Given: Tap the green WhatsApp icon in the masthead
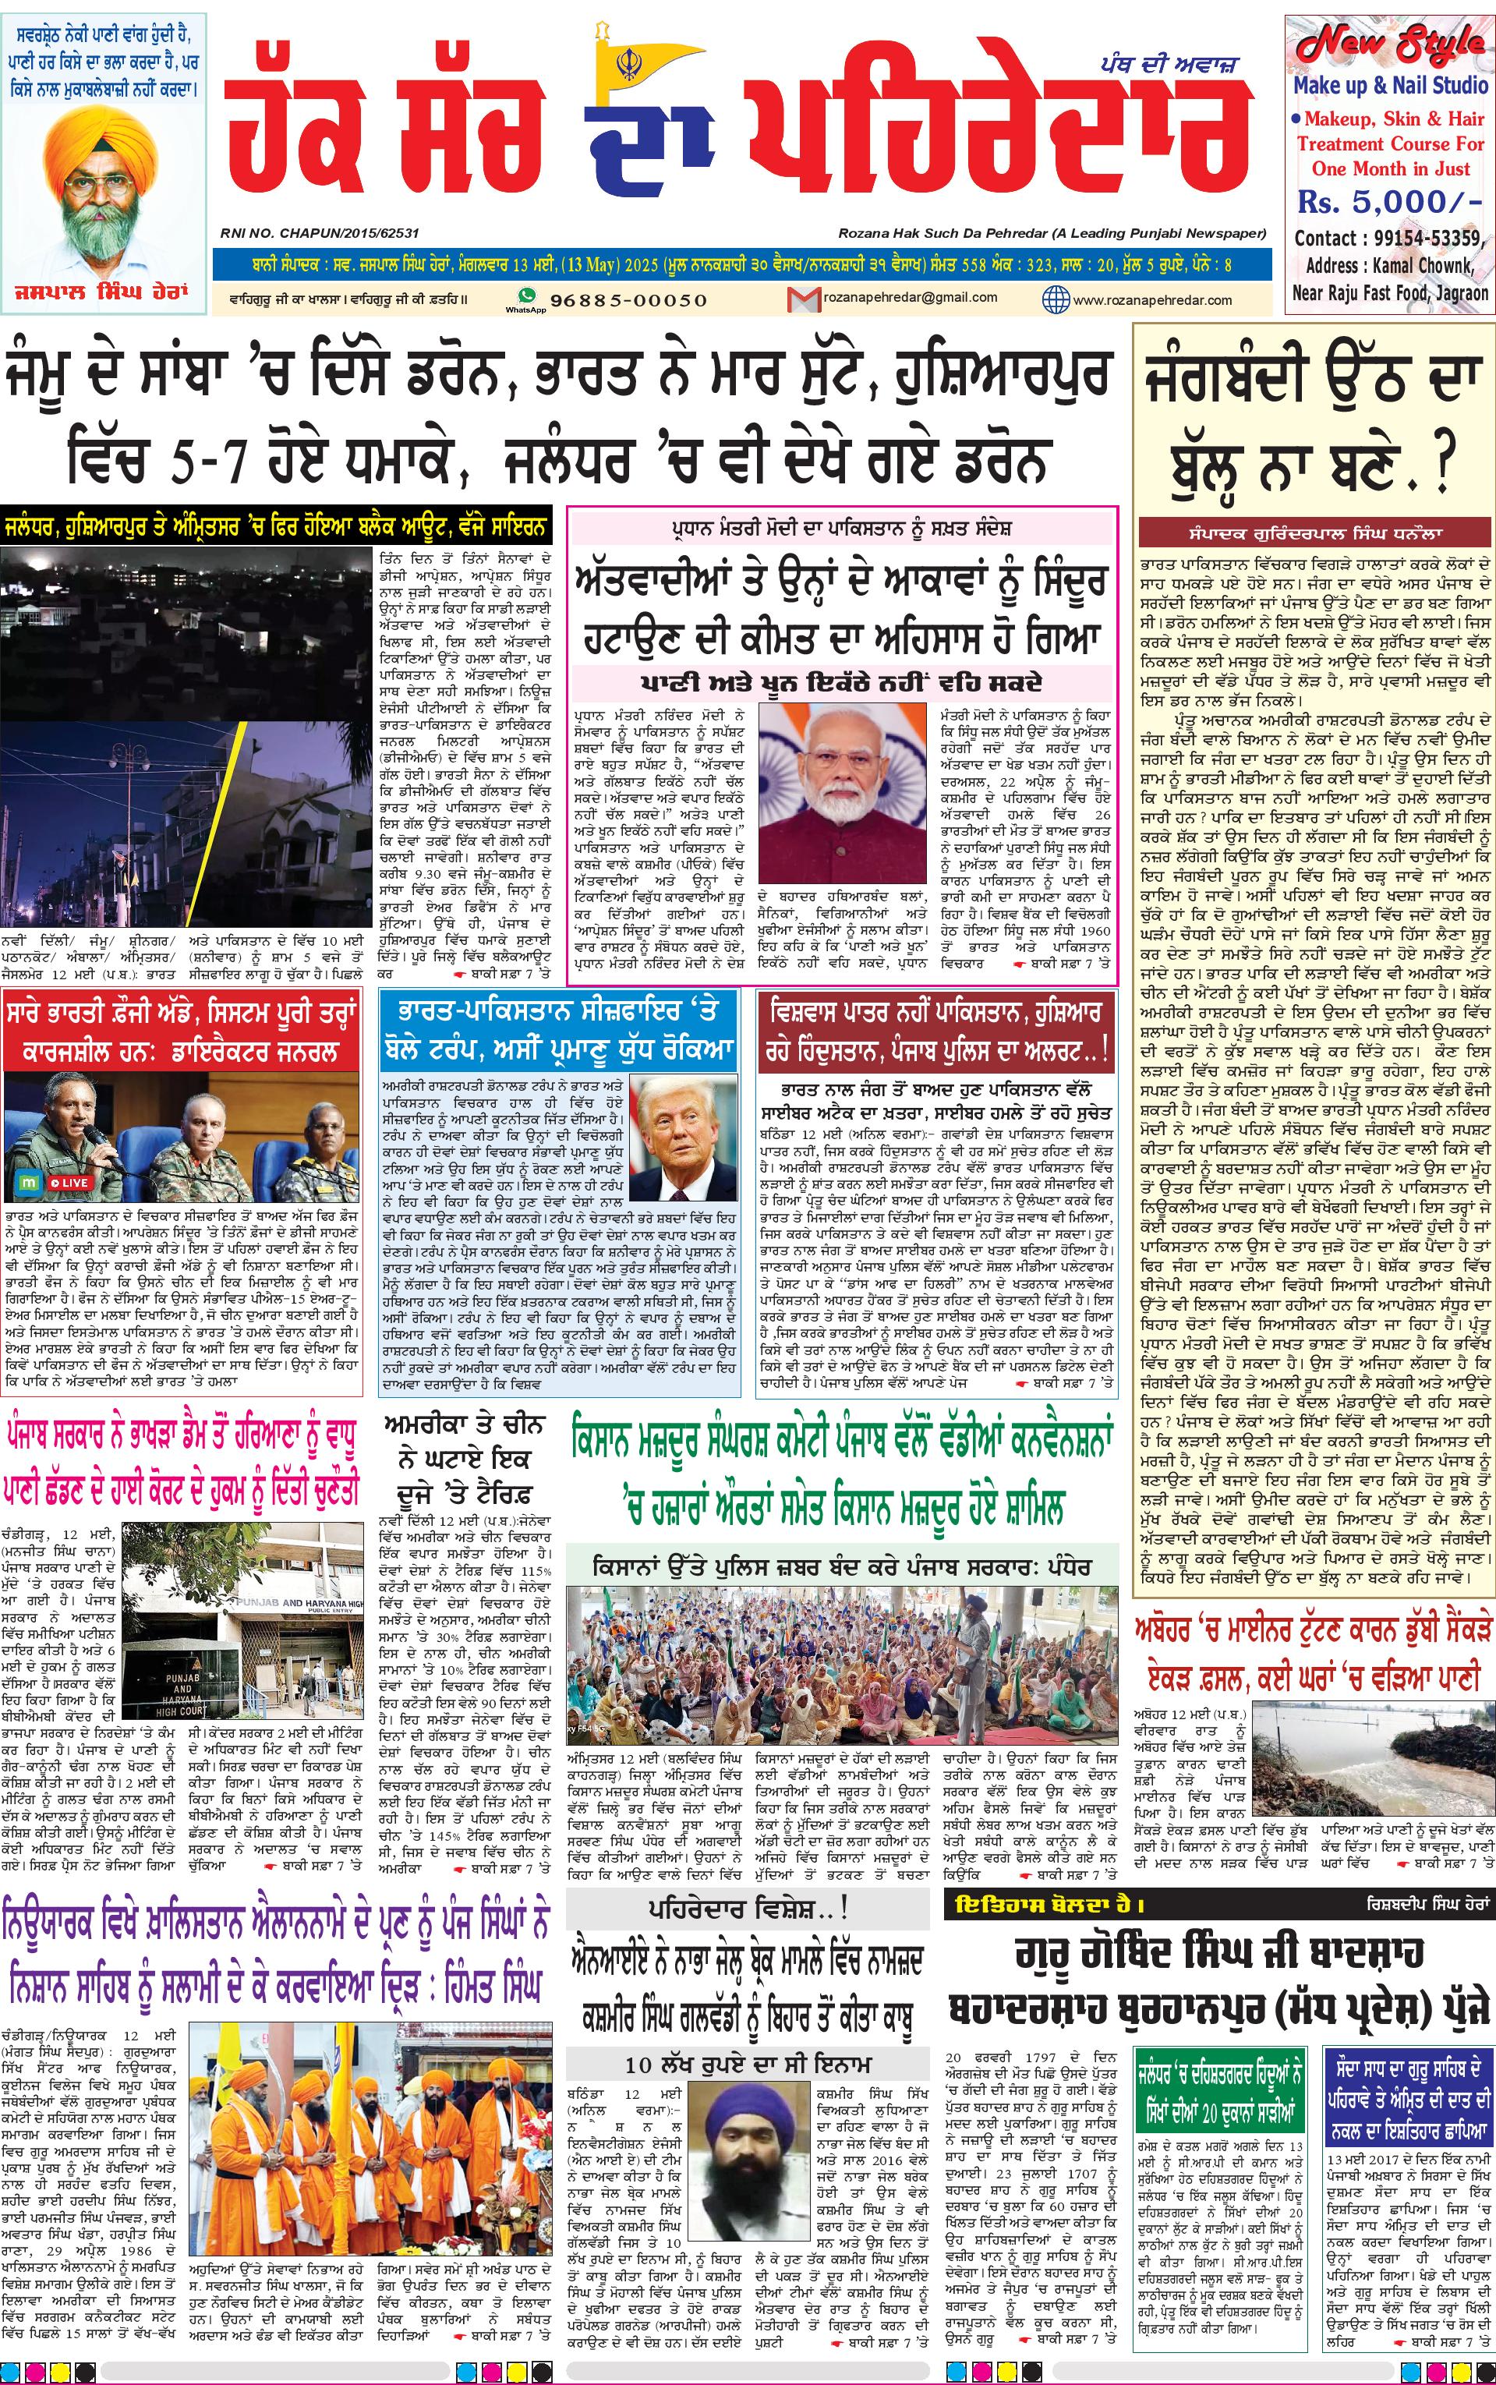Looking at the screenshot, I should [x=526, y=295].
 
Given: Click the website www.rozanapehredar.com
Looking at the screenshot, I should [x=1151, y=299].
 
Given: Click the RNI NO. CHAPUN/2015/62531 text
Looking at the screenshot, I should [x=320, y=233].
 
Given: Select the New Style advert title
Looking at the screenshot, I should [x=1389, y=44].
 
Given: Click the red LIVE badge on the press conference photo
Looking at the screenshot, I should [x=70, y=1182].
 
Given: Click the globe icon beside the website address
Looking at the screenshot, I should [x=1055, y=298].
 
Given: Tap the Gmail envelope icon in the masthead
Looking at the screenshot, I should [x=798, y=298].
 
